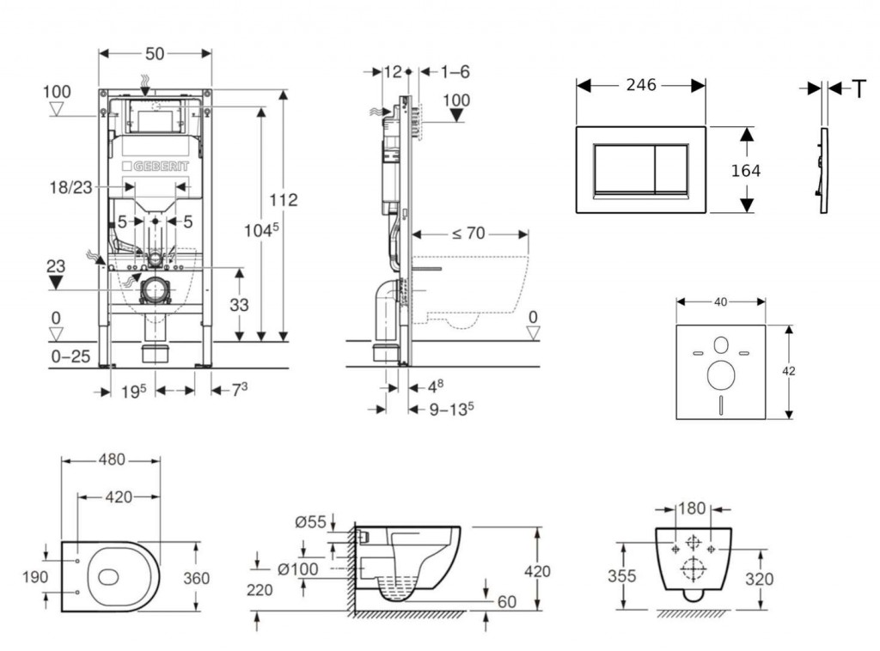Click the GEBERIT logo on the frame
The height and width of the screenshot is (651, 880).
(156, 166)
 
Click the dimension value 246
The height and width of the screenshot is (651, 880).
(641, 85)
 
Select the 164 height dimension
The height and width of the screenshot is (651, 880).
(745, 171)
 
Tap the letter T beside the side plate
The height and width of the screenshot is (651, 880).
(858, 88)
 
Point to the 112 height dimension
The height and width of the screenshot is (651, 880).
(282, 199)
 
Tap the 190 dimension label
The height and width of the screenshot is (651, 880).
(35, 577)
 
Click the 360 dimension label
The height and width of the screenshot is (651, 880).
(196, 579)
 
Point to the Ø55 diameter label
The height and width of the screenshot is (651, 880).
(310, 522)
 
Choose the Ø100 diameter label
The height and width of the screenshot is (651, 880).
(300, 569)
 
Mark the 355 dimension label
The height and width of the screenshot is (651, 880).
(622, 575)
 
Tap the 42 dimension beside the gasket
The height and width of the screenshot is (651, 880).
(789, 371)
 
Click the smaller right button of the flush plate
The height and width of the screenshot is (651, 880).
(671, 167)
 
